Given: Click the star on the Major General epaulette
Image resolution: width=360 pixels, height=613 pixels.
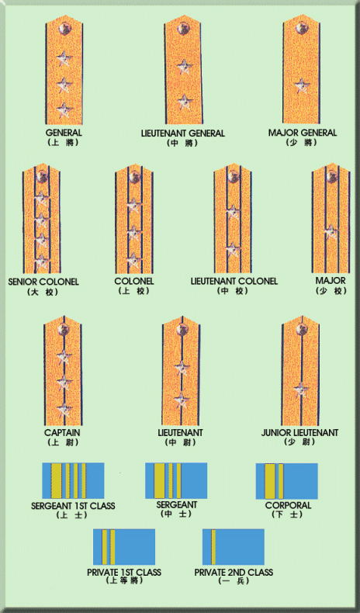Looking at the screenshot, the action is (301, 85).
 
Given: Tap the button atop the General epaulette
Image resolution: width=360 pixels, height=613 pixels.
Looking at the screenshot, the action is (64, 28).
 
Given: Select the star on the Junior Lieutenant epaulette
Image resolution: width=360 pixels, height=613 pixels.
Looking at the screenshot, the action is (300, 390).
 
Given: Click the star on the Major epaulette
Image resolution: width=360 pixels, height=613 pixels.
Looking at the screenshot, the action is (331, 232).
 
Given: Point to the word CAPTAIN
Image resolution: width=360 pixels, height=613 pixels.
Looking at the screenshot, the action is (62, 433).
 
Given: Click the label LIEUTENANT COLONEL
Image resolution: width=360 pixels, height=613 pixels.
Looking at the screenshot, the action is (234, 281).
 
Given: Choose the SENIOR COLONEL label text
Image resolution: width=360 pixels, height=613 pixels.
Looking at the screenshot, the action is (43, 282).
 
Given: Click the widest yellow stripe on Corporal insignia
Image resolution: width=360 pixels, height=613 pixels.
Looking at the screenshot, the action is (270, 481).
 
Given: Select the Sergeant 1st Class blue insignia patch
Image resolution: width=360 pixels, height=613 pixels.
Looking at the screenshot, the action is (73, 480).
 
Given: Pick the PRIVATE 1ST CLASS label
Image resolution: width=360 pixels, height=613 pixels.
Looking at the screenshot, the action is (124, 573).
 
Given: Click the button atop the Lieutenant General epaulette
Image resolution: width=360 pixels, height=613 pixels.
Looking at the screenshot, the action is (182, 28).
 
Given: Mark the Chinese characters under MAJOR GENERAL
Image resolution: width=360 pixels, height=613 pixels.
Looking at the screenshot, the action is (301, 143).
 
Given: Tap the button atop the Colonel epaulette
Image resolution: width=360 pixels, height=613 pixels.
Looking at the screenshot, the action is (134, 177).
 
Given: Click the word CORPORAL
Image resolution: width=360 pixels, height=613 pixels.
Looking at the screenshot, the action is (288, 505).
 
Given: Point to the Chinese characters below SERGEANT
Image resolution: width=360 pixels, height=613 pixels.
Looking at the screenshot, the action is (176, 514).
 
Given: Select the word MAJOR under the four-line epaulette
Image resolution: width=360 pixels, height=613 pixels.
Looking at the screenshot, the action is (331, 281).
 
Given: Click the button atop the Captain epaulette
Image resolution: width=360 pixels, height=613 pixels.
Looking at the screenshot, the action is (63, 330).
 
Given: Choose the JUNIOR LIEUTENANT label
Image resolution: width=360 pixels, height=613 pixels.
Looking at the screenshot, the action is (299, 433).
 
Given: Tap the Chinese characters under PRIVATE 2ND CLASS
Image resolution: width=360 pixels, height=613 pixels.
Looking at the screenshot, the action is (234, 581).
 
